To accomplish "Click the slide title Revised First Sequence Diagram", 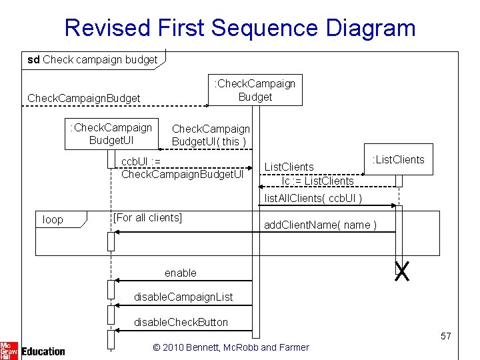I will (240, 27).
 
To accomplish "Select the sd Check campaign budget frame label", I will (92, 60).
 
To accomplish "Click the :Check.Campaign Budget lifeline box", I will (254, 90).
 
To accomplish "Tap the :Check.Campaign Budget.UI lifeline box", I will (111, 133).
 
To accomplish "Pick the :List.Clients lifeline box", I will (398, 159).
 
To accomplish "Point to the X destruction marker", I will (401, 271).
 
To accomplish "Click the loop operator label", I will (53, 219).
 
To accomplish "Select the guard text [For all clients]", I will (147, 217).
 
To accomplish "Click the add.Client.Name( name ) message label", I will (320, 225).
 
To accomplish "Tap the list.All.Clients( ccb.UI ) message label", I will (313, 198).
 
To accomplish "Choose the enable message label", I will (181, 273).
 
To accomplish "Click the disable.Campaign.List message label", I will (183, 297).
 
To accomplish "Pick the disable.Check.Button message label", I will (181, 322).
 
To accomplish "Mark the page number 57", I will (445, 337).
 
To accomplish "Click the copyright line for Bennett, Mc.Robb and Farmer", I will (231, 347).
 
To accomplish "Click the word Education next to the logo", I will (43, 351).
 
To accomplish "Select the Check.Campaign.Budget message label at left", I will (83, 99).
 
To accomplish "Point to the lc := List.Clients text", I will (318, 181).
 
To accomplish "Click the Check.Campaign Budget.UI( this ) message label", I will (211, 135).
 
